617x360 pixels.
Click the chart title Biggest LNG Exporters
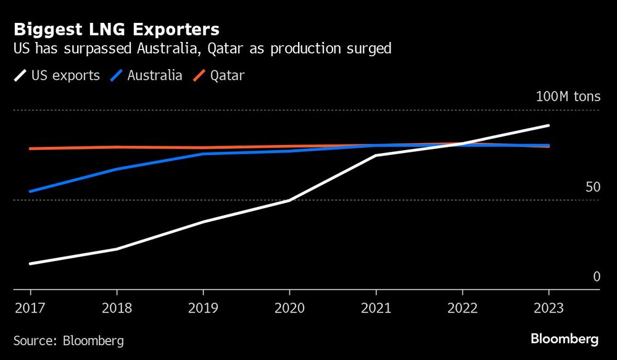pos(116,29)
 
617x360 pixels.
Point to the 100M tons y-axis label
pos(568,97)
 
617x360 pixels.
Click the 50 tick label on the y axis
pos(592,187)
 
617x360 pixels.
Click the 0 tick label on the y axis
pos(596,277)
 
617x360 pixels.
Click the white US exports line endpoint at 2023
pos(549,125)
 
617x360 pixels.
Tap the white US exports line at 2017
pos(30,264)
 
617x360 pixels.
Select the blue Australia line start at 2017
pos(30,191)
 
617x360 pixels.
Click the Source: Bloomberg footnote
pos(68,340)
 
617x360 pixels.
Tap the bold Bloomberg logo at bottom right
pos(564,339)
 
